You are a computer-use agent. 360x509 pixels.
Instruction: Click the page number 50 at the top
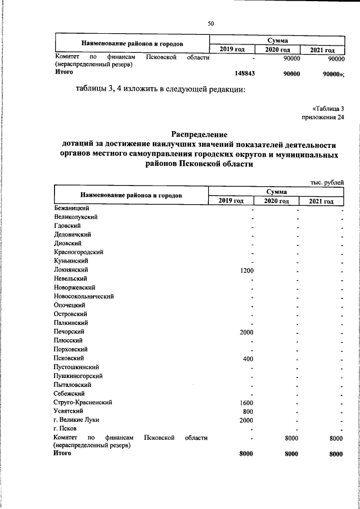coord(211,23)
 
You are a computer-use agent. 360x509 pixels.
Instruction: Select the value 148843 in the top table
coord(244,74)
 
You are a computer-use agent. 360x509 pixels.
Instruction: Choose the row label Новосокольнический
coord(84,296)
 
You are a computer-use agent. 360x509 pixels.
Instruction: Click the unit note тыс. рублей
coord(327,182)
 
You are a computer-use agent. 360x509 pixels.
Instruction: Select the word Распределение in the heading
coord(199,134)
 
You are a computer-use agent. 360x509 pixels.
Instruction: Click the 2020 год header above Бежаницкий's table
coord(276,201)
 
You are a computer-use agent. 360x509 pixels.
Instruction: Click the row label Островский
coord(70,314)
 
